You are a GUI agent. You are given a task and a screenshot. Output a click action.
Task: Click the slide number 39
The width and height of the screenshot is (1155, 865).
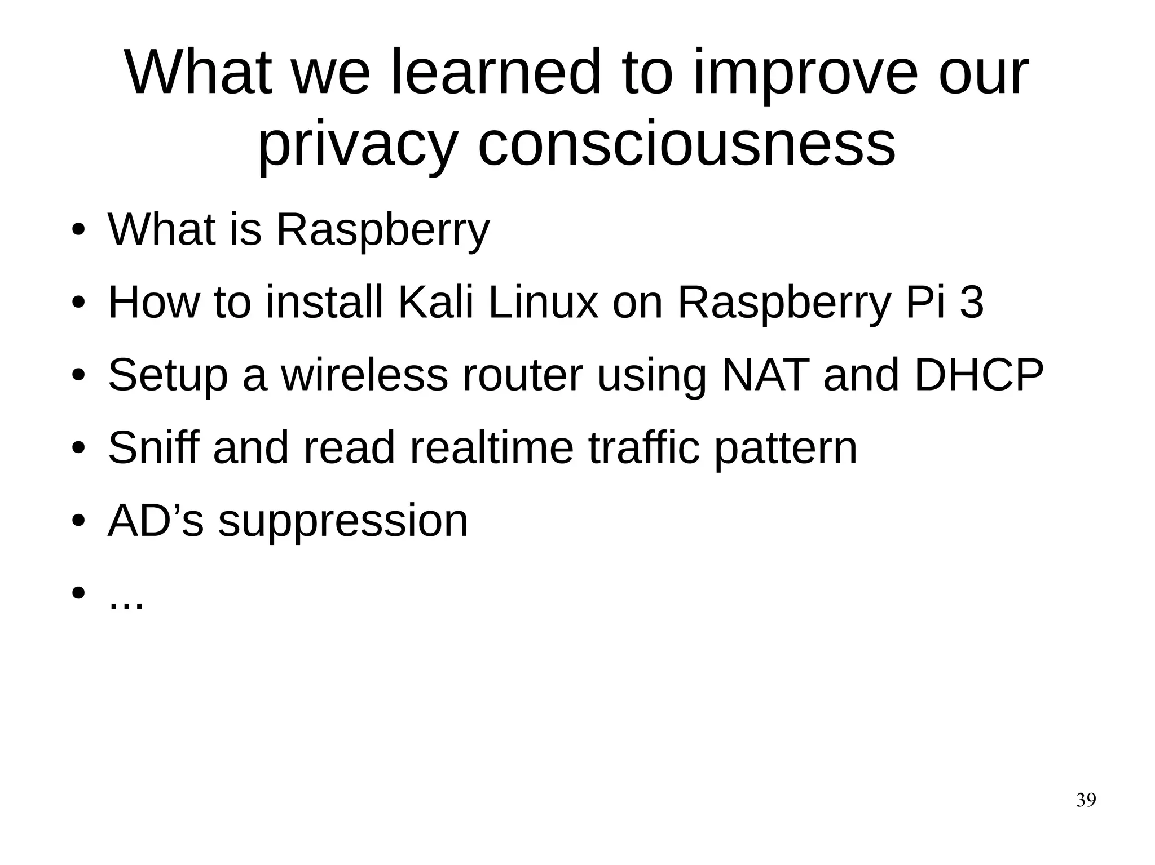click(1086, 800)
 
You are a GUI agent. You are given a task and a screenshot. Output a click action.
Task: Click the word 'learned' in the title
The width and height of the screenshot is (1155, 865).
click(496, 73)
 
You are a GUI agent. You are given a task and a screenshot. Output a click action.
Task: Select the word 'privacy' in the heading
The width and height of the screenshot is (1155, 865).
click(356, 145)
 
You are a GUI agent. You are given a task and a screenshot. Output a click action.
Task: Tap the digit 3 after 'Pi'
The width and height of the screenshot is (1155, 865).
click(971, 303)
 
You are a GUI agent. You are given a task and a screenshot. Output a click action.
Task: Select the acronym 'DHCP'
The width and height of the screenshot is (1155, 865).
click(979, 375)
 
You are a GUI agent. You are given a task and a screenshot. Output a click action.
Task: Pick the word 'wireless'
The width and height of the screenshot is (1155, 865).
click(364, 375)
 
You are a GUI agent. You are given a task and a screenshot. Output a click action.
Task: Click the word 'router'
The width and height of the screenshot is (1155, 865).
click(522, 375)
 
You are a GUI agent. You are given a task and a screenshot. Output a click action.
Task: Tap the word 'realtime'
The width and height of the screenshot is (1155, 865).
click(491, 447)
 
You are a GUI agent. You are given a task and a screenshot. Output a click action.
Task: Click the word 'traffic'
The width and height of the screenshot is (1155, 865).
click(644, 447)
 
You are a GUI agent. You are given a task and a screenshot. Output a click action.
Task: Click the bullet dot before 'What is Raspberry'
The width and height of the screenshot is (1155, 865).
click(78, 230)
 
